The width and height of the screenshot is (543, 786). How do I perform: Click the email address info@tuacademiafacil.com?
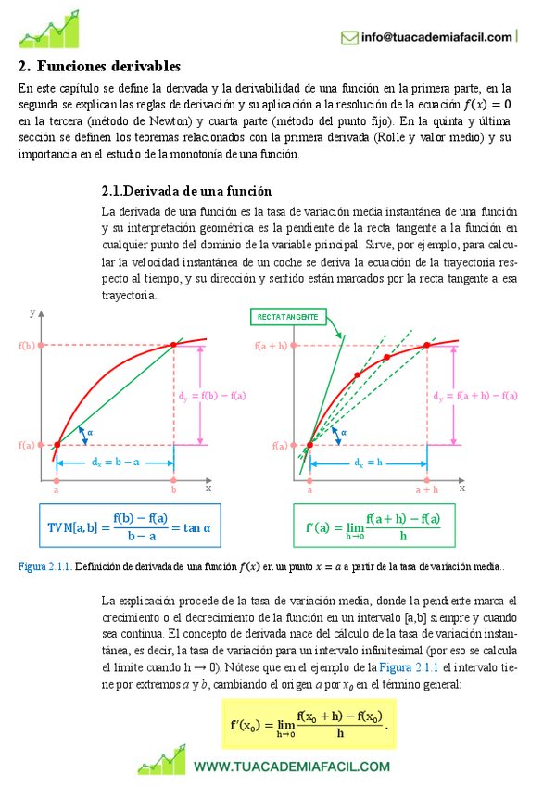click(x=436, y=37)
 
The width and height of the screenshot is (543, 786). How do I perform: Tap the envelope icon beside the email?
click(x=349, y=37)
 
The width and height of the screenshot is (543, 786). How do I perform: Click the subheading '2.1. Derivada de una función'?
click(x=186, y=191)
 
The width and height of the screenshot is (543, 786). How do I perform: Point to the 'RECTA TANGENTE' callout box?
click(x=287, y=317)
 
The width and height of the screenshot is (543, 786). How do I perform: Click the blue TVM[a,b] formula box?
click(x=129, y=526)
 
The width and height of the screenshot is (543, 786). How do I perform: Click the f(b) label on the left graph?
click(x=26, y=346)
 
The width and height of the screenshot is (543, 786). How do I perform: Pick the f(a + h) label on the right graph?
click(x=271, y=346)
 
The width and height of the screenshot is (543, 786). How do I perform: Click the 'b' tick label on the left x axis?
click(x=173, y=488)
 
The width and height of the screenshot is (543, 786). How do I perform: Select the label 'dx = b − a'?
click(x=116, y=461)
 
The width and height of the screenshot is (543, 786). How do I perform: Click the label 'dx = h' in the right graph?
click(x=367, y=461)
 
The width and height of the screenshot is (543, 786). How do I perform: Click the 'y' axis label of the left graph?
click(x=32, y=314)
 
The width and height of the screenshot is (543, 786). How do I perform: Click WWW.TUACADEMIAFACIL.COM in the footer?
click(x=292, y=766)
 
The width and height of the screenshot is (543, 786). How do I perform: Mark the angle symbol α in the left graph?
click(x=90, y=431)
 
